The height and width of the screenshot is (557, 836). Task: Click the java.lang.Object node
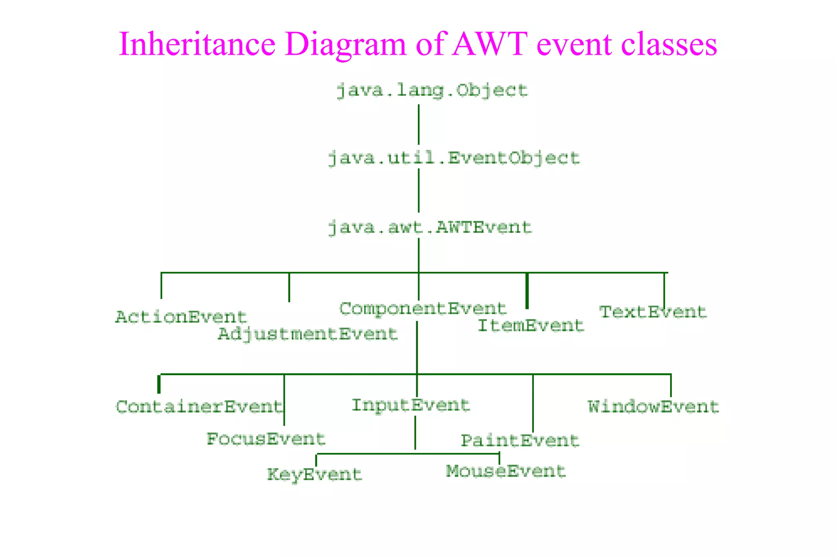click(x=432, y=90)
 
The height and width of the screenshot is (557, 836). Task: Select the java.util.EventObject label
click(x=454, y=158)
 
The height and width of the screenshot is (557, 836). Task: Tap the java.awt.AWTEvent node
click(x=430, y=227)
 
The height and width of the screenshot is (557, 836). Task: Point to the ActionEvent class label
click(x=181, y=317)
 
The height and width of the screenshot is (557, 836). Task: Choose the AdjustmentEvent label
click(x=308, y=334)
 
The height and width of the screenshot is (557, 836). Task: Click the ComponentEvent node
click(x=422, y=309)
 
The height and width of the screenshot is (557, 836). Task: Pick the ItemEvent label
click(x=531, y=326)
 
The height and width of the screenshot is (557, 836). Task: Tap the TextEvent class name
click(x=652, y=312)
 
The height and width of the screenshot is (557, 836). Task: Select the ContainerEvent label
click(x=199, y=407)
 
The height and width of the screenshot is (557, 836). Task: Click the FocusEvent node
click(x=266, y=439)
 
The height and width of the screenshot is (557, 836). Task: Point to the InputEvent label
click(x=411, y=405)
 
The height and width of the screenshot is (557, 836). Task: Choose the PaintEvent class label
click(x=520, y=441)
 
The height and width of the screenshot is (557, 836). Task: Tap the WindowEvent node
click(x=653, y=407)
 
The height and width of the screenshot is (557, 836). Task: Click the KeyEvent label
click(x=314, y=475)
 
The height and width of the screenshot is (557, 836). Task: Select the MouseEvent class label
click(x=506, y=471)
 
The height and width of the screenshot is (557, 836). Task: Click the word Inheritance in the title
click(x=197, y=44)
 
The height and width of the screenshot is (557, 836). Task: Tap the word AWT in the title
click(x=490, y=44)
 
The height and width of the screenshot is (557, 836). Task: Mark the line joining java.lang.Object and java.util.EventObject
click(x=418, y=124)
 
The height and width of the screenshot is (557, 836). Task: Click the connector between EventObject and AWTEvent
click(x=418, y=191)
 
